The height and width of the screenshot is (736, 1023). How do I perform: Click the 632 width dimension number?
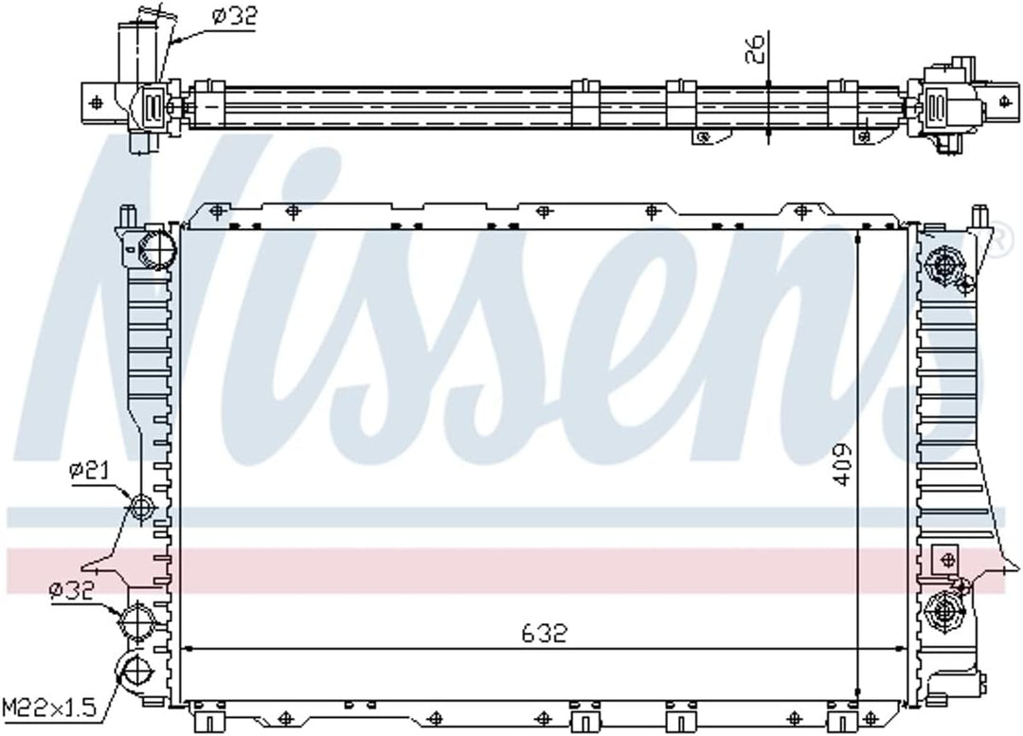(544, 633)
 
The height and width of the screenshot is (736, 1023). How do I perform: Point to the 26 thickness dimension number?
(755, 49)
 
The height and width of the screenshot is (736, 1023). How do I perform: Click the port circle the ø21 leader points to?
(140, 508)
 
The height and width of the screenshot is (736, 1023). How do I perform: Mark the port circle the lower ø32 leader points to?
(134, 622)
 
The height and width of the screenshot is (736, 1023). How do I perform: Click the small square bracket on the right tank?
(944, 558)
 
